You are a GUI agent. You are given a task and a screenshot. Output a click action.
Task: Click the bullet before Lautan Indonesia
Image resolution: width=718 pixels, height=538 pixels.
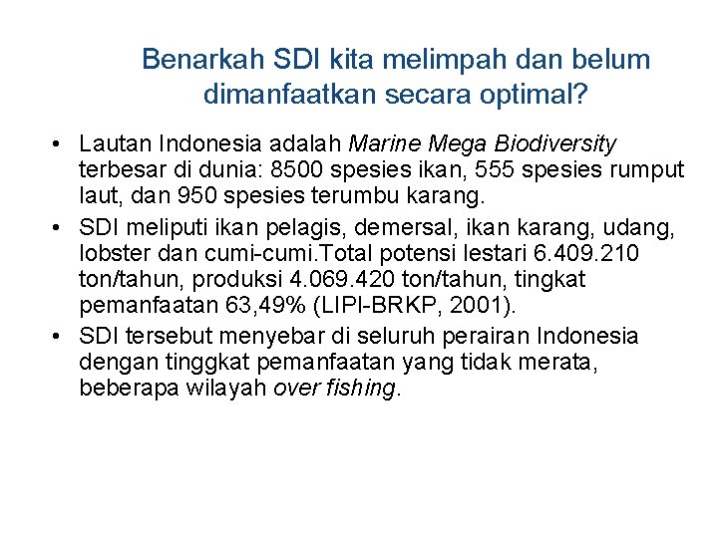61,145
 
